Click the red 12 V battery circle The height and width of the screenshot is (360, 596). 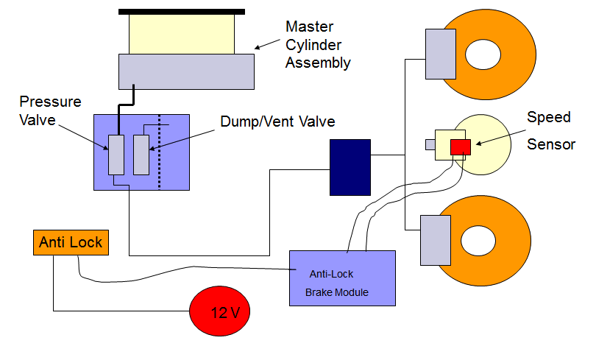[220, 311]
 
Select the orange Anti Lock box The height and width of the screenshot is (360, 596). [71, 242]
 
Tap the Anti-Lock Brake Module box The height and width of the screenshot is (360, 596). [341, 278]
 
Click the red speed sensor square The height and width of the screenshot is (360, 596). [461, 147]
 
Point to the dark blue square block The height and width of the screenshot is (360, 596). [350, 167]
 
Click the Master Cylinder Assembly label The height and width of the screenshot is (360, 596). [317, 45]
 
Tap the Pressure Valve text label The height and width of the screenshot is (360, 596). [50, 110]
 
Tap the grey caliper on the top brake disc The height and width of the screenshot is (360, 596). [441, 54]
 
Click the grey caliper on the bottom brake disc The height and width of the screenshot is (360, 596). [434, 240]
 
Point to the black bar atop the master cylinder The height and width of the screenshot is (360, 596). [182, 11]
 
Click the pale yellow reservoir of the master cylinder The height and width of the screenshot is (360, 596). [182, 33]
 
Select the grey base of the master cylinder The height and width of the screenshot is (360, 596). [187, 71]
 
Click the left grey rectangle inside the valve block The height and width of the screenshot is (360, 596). [116, 155]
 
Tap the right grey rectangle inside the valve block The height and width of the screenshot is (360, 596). [141, 155]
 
